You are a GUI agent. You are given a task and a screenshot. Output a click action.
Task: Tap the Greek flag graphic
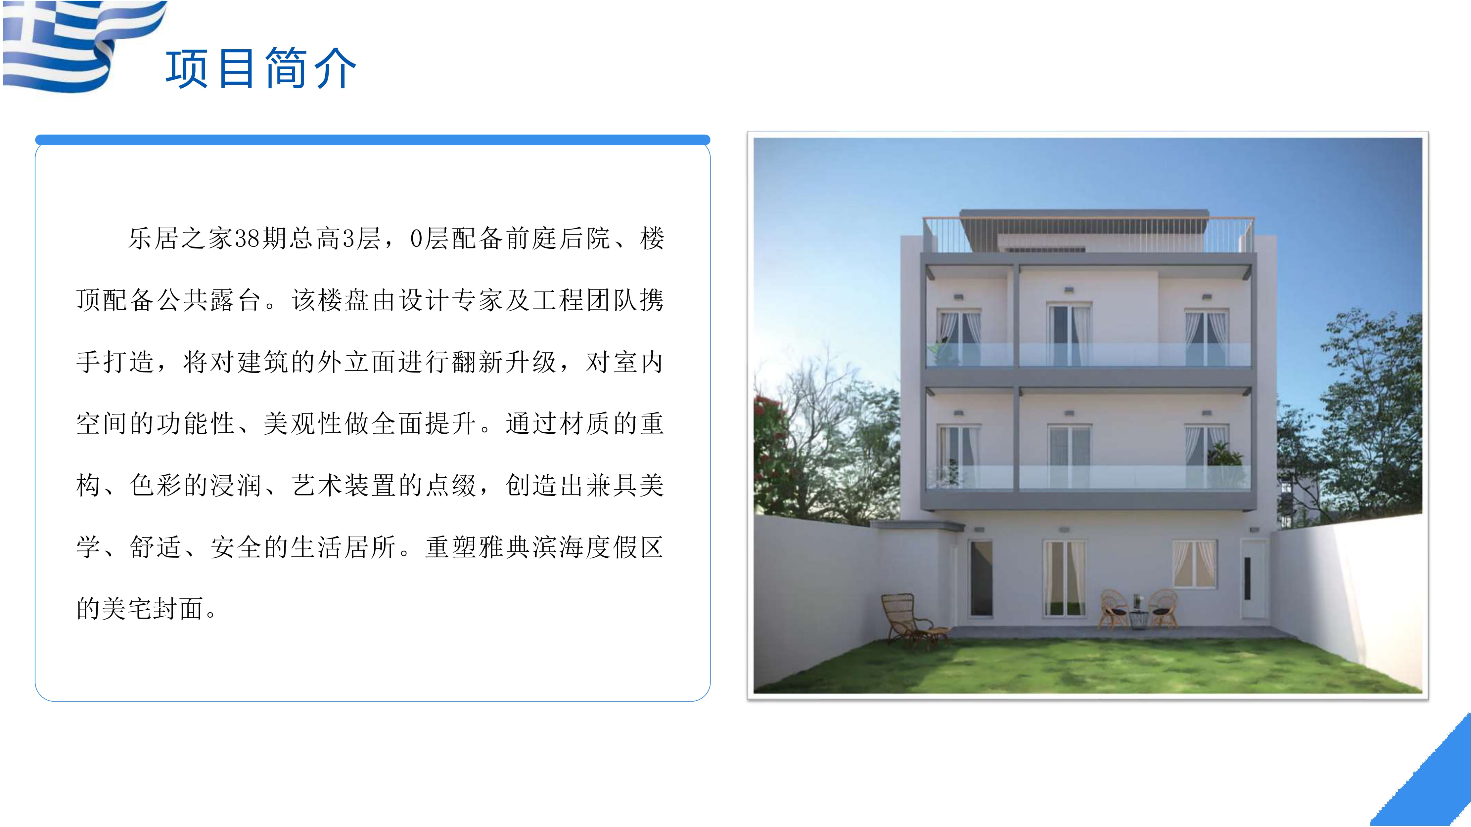80,45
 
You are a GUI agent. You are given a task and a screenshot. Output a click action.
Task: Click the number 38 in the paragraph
247,239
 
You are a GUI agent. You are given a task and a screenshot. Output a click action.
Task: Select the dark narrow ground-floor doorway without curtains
981,578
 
